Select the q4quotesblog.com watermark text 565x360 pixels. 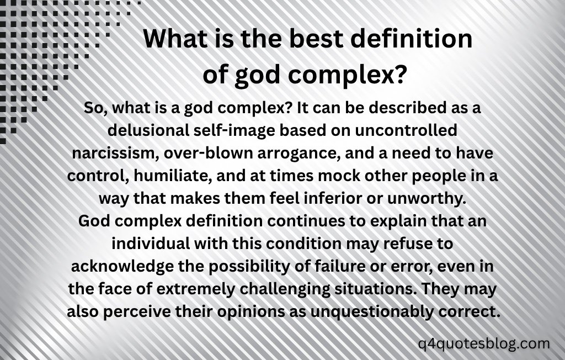pyautogui.click(x=484, y=343)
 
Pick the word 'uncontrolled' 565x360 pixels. pyautogui.click(x=406, y=130)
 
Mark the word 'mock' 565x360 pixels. pyautogui.click(x=339, y=176)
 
